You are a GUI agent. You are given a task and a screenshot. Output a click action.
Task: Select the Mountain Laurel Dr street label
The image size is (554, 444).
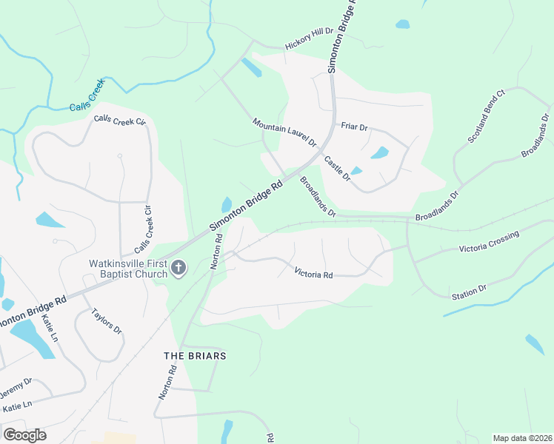284,132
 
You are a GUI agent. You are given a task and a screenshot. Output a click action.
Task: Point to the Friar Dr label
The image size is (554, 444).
354,127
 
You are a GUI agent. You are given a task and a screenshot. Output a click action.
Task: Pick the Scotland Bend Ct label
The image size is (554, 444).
486,117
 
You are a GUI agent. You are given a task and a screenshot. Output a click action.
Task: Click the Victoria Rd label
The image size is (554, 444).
313,274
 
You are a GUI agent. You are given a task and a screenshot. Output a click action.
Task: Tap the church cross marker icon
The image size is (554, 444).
178,267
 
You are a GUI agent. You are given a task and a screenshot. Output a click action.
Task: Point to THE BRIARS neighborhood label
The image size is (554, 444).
195,356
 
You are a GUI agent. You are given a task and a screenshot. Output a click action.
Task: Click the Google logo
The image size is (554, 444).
24,434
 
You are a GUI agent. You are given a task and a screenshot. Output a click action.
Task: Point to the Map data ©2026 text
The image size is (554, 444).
521,437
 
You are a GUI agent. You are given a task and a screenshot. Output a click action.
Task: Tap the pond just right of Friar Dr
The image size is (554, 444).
380,153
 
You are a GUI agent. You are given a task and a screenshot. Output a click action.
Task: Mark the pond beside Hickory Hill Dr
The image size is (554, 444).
251,67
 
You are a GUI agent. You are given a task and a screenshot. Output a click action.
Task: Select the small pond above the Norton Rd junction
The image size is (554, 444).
225,205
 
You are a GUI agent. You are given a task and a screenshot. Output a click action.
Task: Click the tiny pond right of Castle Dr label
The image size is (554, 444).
356,171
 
